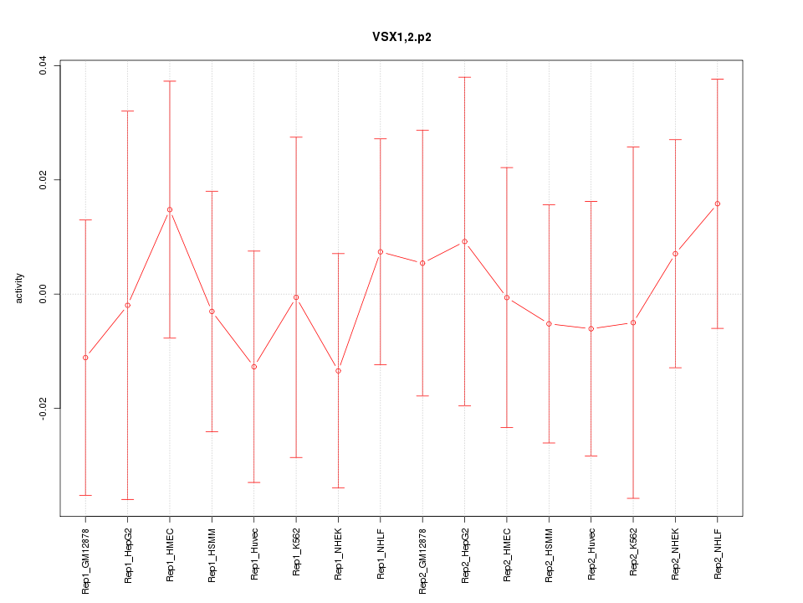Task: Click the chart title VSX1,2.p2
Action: [x=401, y=37]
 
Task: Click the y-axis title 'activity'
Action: [x=20, y=288]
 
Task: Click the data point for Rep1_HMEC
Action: [x=170, y=209]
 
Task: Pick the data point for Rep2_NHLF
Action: [x=718, y=204]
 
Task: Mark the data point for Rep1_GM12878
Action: [x=85, y=358]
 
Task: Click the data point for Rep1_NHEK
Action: [x=338, y=370]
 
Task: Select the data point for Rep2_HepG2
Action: [x=465, y=241]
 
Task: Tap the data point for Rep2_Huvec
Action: [x=591, y=328]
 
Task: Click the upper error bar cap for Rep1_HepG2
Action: [x=127, y=111]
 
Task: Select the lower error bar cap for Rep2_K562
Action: [x=633, y=498]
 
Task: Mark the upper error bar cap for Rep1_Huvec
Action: [x=254, y=250]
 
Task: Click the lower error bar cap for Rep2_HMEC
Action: [x=507, y=427]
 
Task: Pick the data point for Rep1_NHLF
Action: [x=381, y=251]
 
